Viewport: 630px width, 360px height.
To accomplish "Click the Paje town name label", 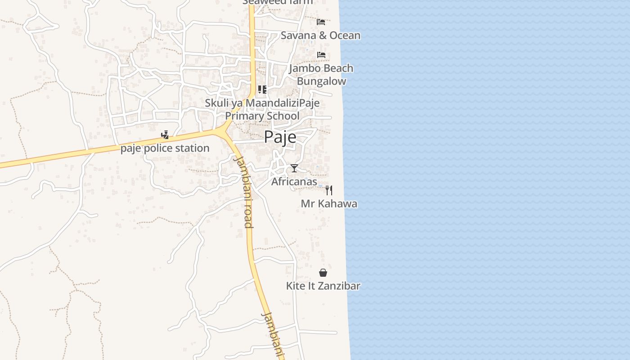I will (x=280, y=137).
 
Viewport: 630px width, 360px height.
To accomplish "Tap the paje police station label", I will (x=165, y=148).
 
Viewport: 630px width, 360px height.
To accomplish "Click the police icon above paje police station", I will (x=165, y=135).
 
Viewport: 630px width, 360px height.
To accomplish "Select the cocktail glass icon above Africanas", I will (x=294, y=168).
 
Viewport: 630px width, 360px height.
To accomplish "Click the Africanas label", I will (x=294, y=181).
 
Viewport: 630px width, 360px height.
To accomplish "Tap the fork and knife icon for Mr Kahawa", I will (x=329, y=190).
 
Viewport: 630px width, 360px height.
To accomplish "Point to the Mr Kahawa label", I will (x=329, y=203).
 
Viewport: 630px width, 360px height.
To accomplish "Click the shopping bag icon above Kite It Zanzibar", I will (x=323, y=273).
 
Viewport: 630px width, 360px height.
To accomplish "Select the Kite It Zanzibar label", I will (x=323, y=286).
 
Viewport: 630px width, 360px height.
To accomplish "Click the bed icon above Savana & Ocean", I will (x=321, y=22).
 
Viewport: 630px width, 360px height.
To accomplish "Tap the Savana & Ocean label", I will (x=320, y=35).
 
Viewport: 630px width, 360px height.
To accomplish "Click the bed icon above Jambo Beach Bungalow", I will (x=321, y=54).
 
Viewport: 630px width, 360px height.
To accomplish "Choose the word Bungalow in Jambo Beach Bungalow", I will (x=321, y=81).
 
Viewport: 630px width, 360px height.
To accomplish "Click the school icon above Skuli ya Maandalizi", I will (x=262, y=90).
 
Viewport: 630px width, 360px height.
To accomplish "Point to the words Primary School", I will (x=262, y=116).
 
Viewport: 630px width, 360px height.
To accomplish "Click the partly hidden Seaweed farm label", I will (x=278, y=2).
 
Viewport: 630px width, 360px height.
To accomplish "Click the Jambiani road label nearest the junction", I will (x=243, y=191).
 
